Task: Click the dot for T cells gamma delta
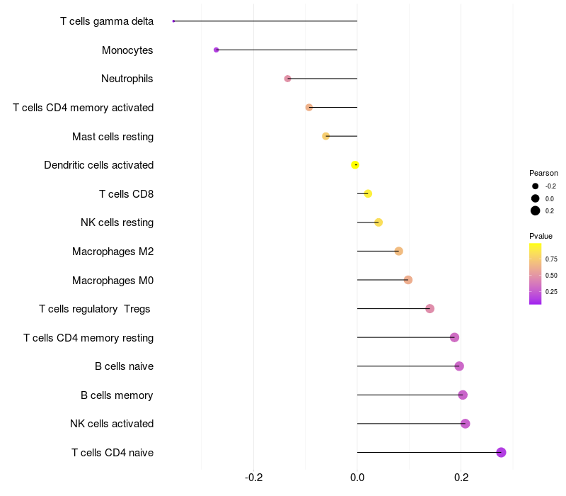pos(173,21)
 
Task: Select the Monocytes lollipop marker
pos(216,50)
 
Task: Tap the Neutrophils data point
pos(287,79)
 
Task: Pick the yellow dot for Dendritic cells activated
pos(355,165)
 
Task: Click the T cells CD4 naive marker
pos(501,452)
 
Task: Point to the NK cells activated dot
pos(465,424)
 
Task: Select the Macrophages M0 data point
pos(408,280)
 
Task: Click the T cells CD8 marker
pos(368,193)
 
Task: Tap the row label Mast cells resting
pos(112,136)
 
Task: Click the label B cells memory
pos(117,395)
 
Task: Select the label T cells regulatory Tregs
pos(95,309)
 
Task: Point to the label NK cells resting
pos(117,222)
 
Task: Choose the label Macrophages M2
pos(112,251)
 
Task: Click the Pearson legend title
pos(543,173)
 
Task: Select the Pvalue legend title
pos(541,236)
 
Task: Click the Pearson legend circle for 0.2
pos(536,210)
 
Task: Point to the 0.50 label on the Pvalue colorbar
pos(551,275)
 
